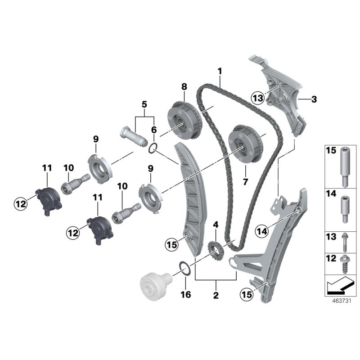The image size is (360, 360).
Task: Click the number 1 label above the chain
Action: click(x=220, y=71)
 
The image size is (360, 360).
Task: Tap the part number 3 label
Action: click(x=314, y=99)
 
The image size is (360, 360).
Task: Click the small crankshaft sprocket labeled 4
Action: click(x=215, y=250)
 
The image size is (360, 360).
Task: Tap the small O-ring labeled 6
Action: click(x=153, y=148)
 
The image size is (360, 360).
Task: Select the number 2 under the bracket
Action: click(x=216, y=296)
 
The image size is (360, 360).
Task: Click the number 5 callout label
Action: click(x=144, y=105)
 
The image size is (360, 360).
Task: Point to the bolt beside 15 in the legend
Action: click(x=345, y=165)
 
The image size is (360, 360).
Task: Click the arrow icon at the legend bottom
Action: click(x=340, y=284)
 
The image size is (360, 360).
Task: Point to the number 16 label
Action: click(x=185, y=295)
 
